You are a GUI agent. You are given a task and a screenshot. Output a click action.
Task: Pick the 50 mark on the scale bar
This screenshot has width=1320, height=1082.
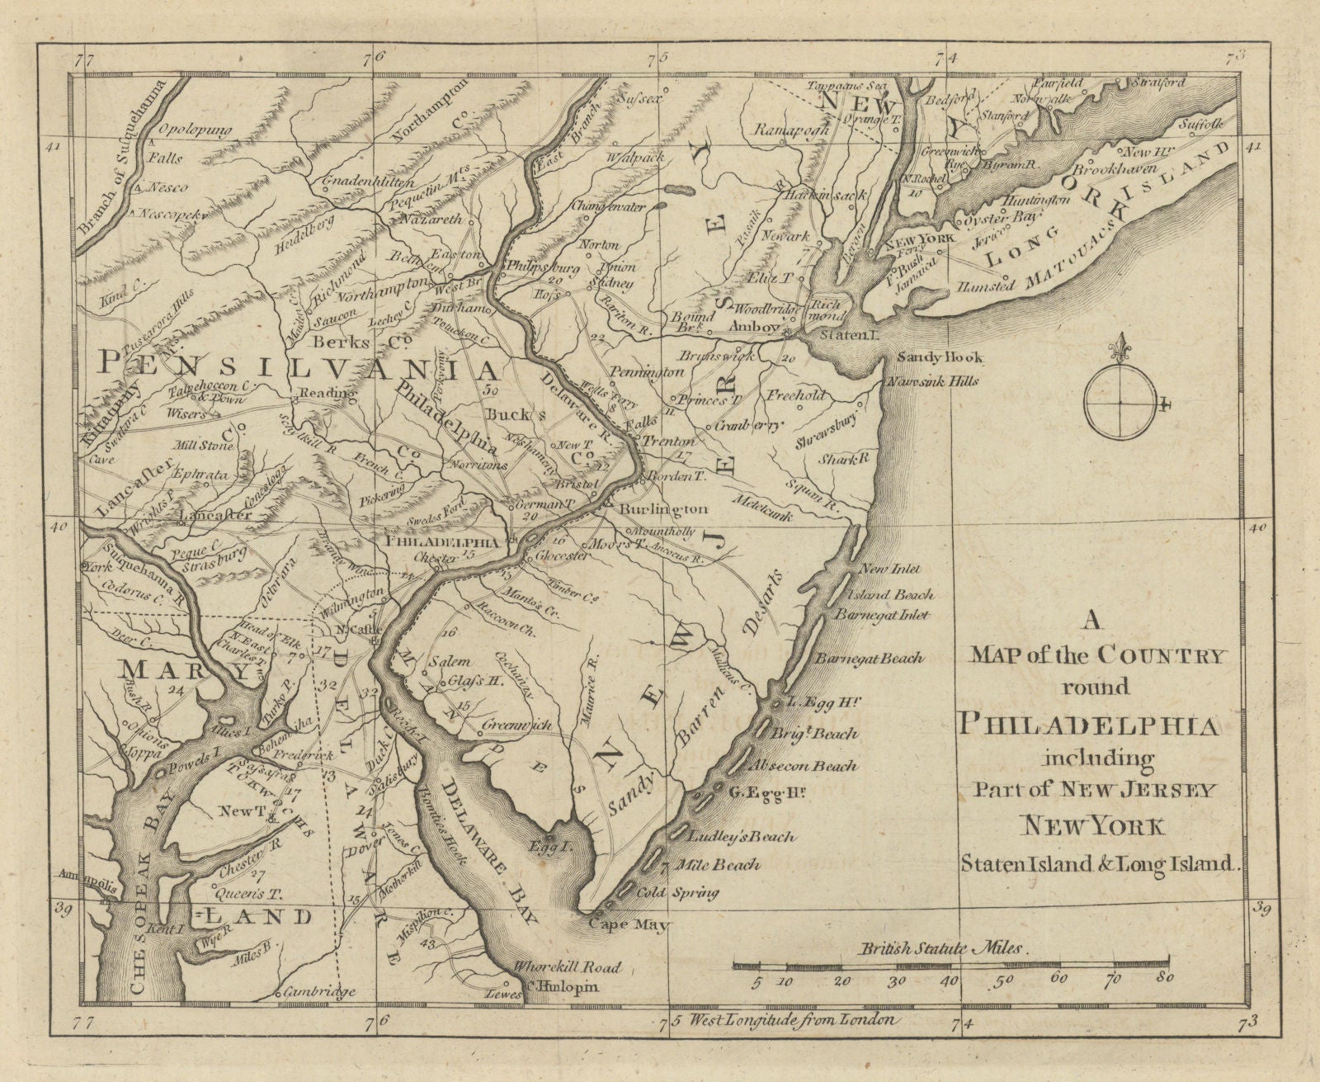tap(1003, 981)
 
